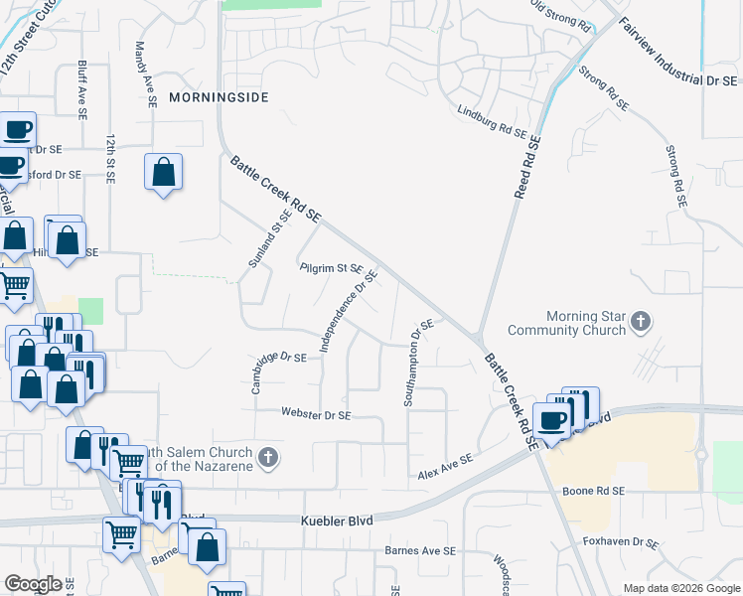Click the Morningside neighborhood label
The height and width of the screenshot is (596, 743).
coord(219,97)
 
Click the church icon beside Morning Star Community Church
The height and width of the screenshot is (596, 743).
coord(641,321)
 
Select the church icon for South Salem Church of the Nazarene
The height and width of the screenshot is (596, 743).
coord(266,458)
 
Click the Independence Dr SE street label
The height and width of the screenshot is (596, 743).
coord(349,311)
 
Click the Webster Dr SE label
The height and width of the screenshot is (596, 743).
coord(317,413)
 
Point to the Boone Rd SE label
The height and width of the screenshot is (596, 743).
coord(593,491)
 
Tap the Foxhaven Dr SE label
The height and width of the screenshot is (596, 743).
coord(621,543)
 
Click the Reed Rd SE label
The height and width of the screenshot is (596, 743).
coord(526,166)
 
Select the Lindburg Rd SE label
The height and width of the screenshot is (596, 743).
coord(492,122)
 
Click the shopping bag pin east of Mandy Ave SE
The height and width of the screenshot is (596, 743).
coord(164,173)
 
